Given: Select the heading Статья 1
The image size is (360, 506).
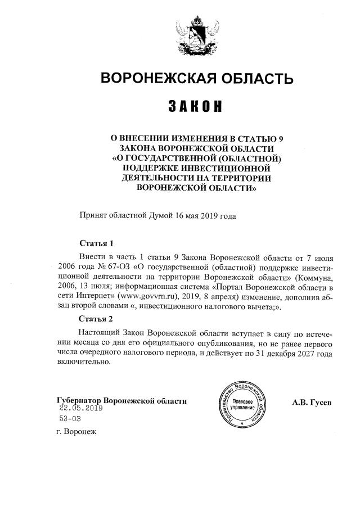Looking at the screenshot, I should [x=97, y=244].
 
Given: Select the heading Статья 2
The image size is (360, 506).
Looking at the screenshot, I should [x=97, y=319].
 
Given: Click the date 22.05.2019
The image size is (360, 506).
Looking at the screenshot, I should [x=82, y=409].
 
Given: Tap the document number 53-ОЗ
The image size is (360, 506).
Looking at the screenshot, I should [x=71, y=419].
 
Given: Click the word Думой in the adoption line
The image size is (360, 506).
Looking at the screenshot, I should [x=160, y=215].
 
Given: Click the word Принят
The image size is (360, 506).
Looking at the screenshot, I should [x=94, y=215].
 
